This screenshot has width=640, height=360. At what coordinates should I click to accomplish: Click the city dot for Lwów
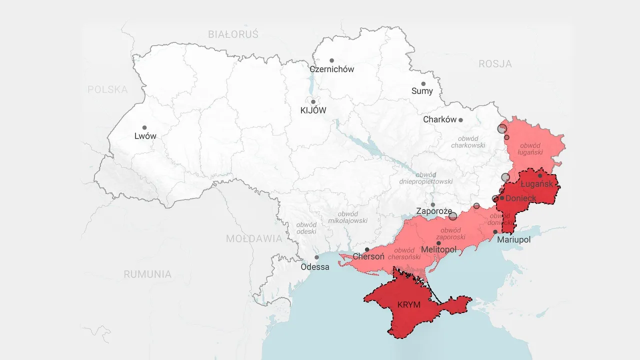(144, 127)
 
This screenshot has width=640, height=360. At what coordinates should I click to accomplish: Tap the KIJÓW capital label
(313, 110)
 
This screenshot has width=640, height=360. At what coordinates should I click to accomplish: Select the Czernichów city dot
(331, 60)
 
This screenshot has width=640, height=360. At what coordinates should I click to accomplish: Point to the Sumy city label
(422, 91)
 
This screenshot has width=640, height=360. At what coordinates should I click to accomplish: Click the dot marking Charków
(460, 120)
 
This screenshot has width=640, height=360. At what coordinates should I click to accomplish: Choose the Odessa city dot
(316, 257)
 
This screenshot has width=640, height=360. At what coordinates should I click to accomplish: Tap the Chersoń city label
(368, 257)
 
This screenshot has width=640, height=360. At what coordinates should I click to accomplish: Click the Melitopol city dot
(438, 243)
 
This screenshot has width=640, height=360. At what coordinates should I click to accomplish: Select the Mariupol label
(513, 240)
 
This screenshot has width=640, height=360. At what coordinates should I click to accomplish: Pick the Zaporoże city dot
(433, 204)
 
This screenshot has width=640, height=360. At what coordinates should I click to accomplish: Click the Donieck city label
(520, 198)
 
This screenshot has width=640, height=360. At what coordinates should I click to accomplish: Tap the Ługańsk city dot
(540, 175)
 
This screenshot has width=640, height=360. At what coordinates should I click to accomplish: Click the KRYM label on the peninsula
(408, 305)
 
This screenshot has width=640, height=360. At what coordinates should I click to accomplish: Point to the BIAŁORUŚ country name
(233, 34)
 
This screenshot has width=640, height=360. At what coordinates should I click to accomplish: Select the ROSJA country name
(495, 64)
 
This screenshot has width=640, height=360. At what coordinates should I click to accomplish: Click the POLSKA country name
(107, 89)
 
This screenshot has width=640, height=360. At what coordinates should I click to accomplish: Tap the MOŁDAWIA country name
(254, 238)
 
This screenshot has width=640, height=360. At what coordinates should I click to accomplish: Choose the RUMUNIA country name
(147, 274)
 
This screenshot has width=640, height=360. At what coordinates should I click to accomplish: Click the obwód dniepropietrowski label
(426, 178)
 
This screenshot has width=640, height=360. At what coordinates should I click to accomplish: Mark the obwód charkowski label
(468, 142)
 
